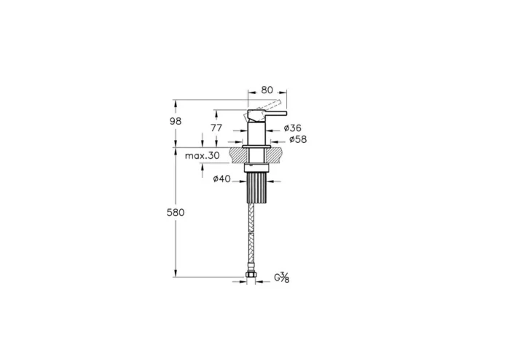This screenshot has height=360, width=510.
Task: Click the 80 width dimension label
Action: pos(267,90)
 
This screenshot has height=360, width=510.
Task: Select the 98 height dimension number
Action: pos(176,121)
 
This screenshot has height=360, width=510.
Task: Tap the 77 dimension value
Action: pos(216,128)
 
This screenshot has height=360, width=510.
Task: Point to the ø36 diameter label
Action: pos(292,128)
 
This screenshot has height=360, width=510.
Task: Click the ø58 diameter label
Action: pos(298,139)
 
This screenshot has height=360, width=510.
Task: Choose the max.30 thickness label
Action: pos(202,156)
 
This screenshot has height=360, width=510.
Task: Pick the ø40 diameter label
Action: pos(221,179)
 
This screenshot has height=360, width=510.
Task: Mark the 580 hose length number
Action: pos(176,213)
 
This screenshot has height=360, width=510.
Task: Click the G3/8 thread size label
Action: pos(282,278)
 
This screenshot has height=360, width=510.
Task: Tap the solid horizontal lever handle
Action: pos(267,114)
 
